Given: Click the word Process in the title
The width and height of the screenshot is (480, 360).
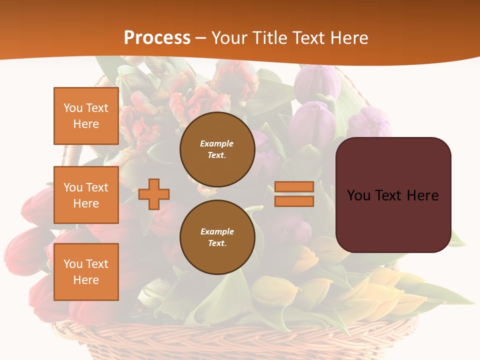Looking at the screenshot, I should click(x=157, y=38).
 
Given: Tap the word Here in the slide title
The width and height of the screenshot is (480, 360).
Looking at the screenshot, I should click(x=346, y=38).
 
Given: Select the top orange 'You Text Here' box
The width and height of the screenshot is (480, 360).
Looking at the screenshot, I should click(x=86, y=116).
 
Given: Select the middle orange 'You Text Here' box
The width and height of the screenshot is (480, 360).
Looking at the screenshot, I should click(x=86, y=195).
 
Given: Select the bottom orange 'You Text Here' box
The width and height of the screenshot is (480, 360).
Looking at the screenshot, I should click(x=86, y=271).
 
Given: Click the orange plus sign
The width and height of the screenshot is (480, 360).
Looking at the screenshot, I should click(x=154, y=194).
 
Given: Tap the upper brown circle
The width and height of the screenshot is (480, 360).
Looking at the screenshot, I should click(x=217, y=149).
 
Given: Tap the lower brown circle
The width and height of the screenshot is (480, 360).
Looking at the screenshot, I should click(x=217, y=237).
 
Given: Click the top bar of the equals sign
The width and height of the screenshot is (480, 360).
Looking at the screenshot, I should click(x=294, y=186).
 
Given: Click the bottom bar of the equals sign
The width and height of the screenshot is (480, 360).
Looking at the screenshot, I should click(x=294, y=201).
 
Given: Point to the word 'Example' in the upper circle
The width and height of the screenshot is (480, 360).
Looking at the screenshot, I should click(x=217, y=143).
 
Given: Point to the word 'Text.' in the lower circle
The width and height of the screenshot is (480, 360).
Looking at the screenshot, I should click(x=217, y=243).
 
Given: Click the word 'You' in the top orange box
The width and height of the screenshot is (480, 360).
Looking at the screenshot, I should click(x=72, y=108).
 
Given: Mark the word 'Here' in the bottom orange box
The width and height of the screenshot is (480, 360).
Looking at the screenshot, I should click(x=86, y=280).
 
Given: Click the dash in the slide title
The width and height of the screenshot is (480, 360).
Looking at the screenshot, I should click(x=201, y=38).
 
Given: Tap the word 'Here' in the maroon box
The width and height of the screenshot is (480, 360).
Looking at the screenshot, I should click(x=422, y=195).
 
